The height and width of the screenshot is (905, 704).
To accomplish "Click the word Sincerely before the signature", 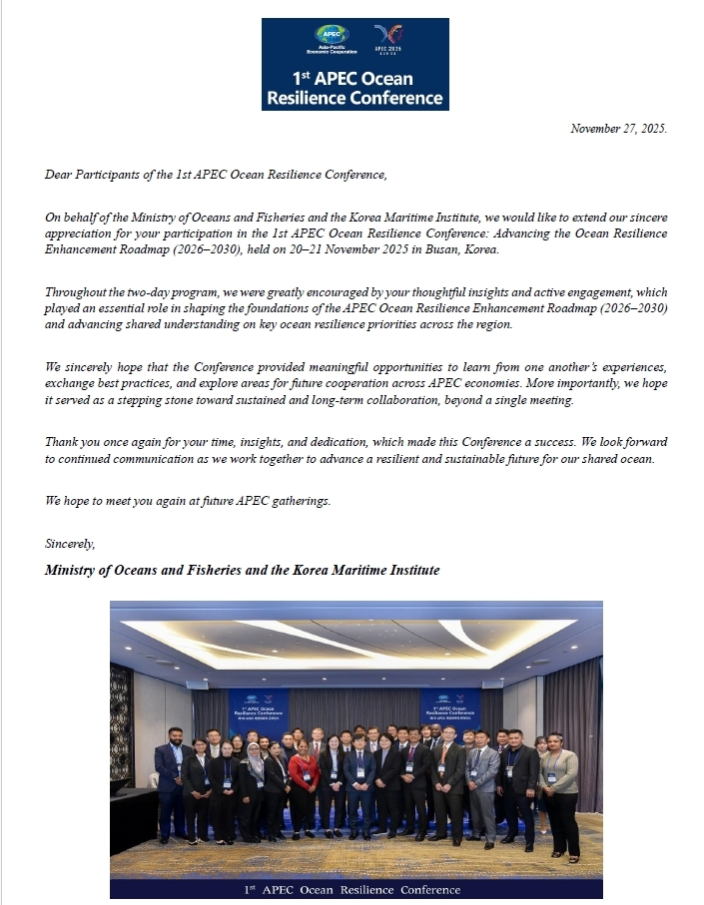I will [71, 544].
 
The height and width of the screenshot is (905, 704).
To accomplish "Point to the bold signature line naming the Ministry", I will [243, 570].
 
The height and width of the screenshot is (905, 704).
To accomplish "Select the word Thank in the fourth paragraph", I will [62, 441].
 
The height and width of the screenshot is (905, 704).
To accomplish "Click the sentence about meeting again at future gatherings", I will [188, 500].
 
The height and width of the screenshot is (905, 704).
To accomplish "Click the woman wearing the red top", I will [304, 778].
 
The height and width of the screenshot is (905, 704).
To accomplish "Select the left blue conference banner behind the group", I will [259, 709].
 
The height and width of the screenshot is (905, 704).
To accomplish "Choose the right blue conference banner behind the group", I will [450, 709].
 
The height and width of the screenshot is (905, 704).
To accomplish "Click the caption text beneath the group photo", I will [356, 888].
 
